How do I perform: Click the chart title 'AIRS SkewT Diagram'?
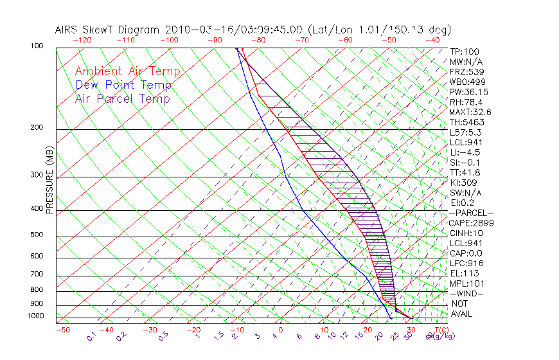tap(109, 30)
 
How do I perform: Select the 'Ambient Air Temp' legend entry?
tap(127, 71)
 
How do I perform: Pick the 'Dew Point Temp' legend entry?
tap(123, 85)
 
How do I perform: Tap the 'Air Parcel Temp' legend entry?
tap(122, 98)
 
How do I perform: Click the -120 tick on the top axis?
tap(82, 40)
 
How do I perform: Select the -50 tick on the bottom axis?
tap(62, 330)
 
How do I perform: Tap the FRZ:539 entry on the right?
tap(466, 71)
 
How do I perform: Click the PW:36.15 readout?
tap(468, 92)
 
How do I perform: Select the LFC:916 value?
tap(466, 263)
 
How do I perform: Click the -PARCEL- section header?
tap(471, 213)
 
